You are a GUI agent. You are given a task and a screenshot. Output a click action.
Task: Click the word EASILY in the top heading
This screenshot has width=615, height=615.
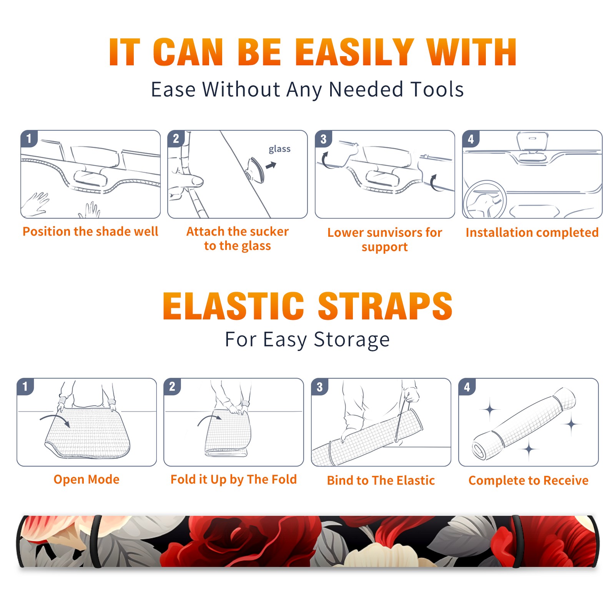pos(355,52)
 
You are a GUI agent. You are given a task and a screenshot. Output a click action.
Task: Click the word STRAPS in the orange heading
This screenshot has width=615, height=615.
pos(385,306)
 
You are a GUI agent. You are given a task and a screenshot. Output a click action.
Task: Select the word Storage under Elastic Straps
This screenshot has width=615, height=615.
pos(352,340)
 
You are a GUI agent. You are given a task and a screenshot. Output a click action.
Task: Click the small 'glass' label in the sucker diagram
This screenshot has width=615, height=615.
pos(279,149)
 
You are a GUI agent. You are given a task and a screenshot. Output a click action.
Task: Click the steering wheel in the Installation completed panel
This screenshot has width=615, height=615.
pos(485,200)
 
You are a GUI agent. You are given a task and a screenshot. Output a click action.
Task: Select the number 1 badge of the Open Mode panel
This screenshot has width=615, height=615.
pos(25,386)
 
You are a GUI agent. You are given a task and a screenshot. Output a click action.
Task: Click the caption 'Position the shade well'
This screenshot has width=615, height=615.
pos(90,231)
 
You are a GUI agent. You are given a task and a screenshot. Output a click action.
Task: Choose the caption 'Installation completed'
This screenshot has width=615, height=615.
pos(532,232)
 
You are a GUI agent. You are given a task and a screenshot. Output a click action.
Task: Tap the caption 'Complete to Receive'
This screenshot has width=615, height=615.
pos(529,480)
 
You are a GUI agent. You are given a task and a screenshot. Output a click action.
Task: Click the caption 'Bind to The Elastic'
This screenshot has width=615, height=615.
pos(381,480)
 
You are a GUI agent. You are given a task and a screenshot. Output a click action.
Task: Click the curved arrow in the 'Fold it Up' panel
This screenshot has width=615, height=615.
pos(210,419)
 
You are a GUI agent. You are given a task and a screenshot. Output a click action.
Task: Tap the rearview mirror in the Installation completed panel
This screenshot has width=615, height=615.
pos(532,142)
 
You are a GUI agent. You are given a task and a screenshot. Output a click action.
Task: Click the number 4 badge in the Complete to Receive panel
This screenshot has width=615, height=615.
pos(467,387)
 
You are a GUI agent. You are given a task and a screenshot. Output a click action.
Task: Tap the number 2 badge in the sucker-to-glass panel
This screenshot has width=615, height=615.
pos(176,139)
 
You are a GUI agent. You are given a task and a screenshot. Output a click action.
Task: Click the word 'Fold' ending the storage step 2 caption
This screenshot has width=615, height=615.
pos(284,479)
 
